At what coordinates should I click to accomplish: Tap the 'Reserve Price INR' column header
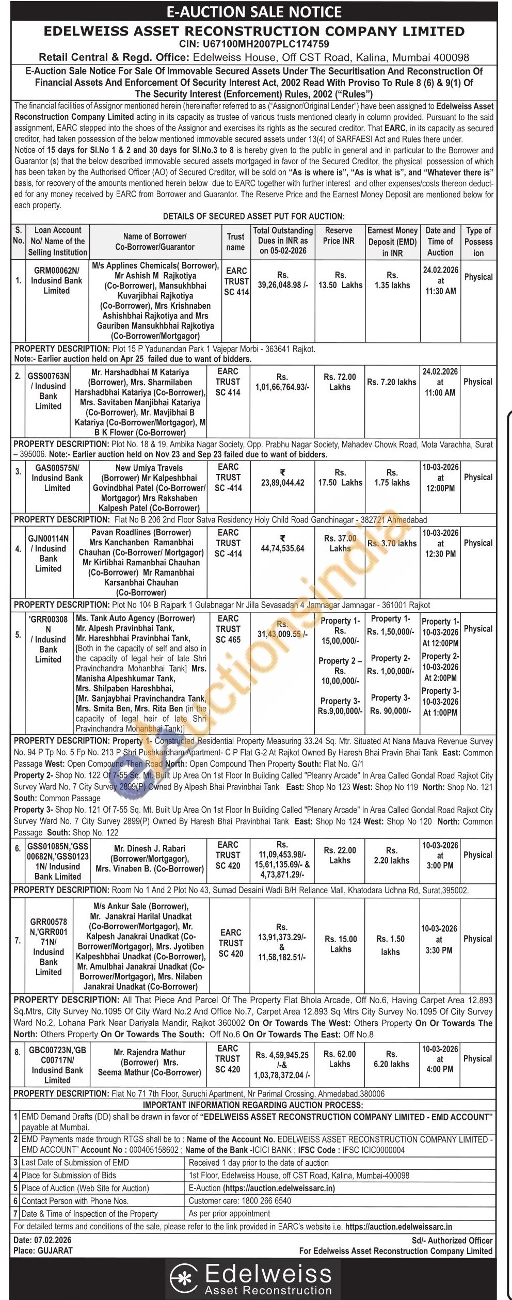coord(339,235)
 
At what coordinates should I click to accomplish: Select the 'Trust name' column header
coord(235,241)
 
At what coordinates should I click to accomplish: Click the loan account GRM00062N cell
coord(57,280)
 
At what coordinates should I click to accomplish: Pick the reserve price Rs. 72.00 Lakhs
coord(340,382)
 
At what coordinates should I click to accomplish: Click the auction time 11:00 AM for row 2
coord(440,393)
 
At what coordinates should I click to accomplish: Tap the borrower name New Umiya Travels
coord(149,468)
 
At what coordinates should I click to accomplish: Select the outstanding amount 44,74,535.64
coord(282,548)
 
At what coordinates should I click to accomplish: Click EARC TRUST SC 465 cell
coord(228,629)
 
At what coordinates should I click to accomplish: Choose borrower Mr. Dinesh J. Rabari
coord(150,848)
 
